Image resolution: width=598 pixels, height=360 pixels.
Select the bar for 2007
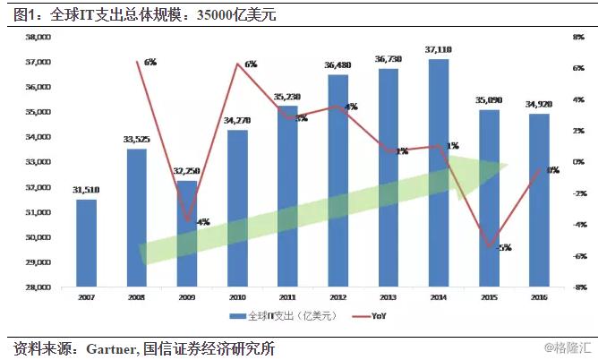86,243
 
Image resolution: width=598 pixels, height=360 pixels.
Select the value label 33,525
136,141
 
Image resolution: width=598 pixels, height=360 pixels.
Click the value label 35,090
489,101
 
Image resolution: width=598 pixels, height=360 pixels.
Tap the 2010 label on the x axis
237,296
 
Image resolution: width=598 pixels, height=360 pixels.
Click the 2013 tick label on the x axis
388,296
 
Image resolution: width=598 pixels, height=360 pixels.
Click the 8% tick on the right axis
579,38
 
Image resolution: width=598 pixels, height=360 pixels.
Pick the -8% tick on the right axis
579,287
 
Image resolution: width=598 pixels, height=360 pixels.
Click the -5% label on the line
503,248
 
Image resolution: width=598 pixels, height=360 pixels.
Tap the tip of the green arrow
508,166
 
